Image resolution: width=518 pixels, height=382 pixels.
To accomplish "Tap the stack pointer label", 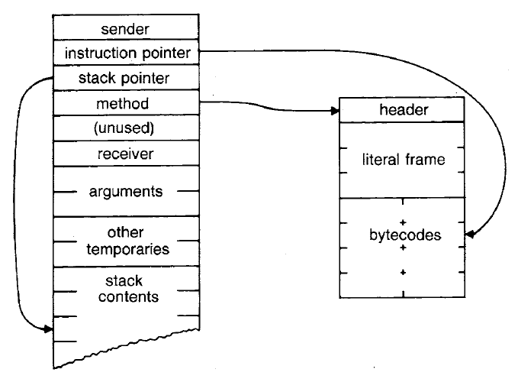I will tap(123, 78).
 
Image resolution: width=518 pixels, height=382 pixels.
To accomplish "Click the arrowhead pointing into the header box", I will tap(336, 111).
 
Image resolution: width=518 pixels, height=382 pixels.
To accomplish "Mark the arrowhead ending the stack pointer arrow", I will tap(50, 329).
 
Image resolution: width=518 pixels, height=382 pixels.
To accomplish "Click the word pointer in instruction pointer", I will tap(175, 53).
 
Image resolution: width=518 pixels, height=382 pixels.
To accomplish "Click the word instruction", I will tap(101, 53).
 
